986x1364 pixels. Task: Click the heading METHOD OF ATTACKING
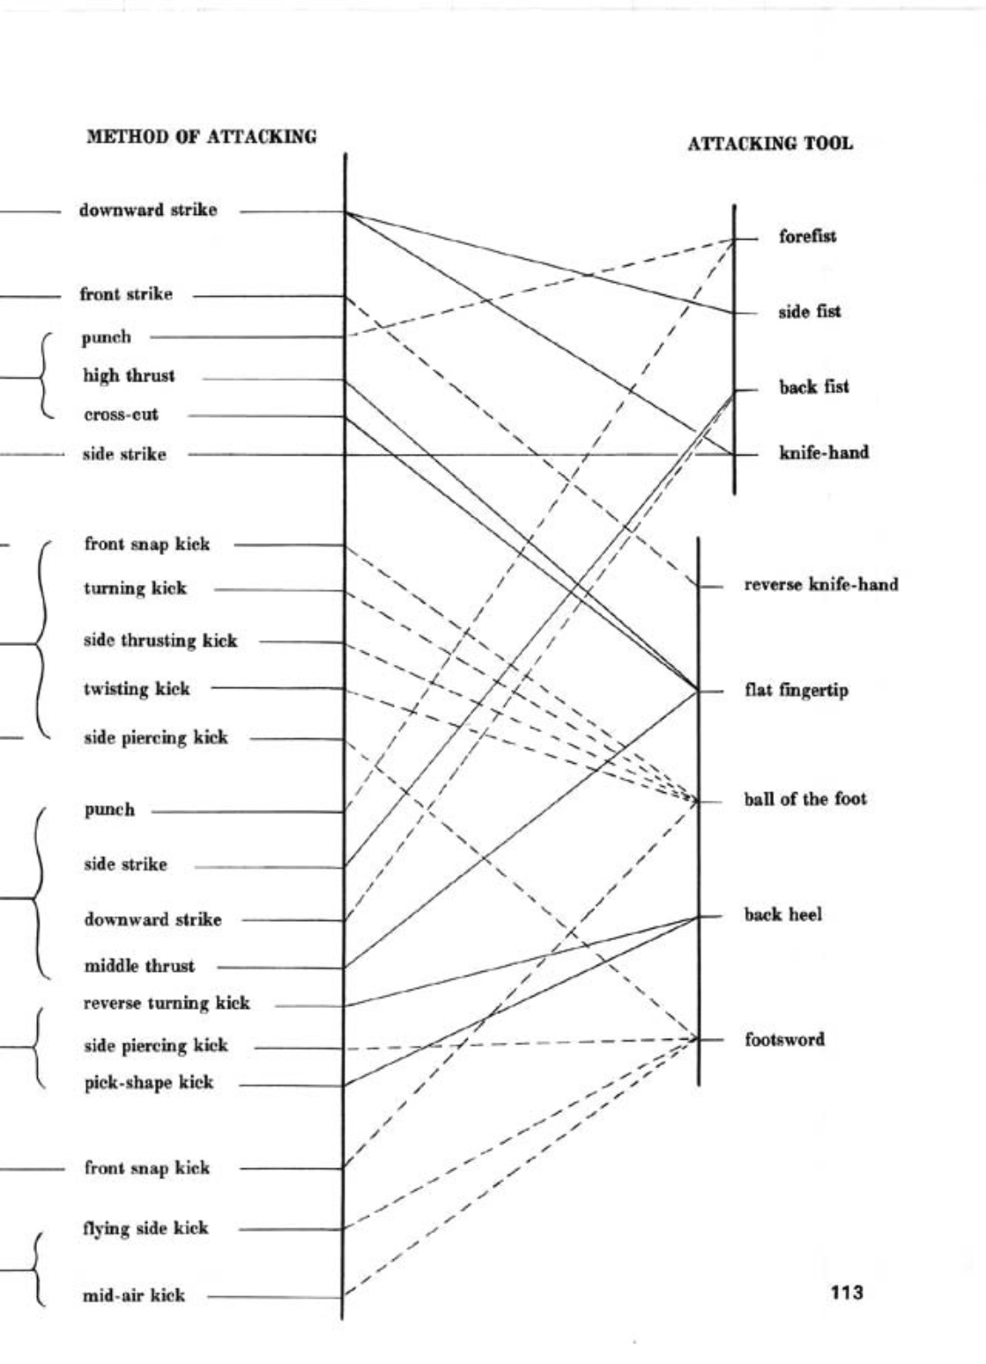pos(202,137)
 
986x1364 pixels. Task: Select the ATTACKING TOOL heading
pos(769,144)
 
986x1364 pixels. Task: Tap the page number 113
pos(846,1293)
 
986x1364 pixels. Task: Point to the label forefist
pos(807,236)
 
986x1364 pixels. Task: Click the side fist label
pos(809,311)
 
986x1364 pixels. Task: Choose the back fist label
pos(813,387)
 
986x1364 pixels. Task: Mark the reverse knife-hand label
pos(821,584)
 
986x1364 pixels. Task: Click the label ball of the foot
pos(805,799)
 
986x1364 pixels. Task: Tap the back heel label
pos(782,915)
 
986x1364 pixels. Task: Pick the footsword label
pos(784,1039)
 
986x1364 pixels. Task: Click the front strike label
pos(126,294)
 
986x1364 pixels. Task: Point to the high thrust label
pos(129,376)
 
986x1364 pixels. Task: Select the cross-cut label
pos(121,415)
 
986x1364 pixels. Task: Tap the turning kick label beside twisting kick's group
pos(135,588)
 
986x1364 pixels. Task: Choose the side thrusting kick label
pos(160,641)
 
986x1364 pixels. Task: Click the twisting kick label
pos(137,689)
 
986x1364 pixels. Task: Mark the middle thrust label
pos(139,966)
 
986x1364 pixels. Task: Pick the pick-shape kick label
pos(148,1082)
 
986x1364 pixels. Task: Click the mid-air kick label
pos(134,1295)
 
